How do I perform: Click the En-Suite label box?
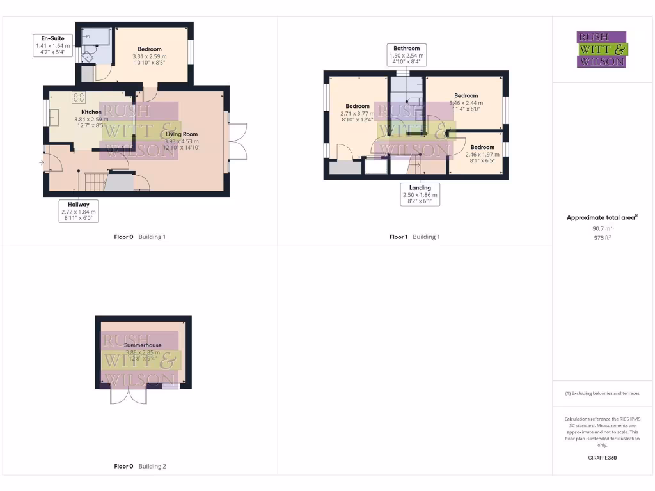(52, 46)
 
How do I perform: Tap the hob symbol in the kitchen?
(79, 98)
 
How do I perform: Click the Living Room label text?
(182, 134)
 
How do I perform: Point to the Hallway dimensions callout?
(78, 211)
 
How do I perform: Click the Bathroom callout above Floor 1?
(406, 56)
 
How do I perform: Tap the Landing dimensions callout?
(420, 194)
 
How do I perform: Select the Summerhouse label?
(143, 345)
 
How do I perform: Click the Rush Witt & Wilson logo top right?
(602, 49)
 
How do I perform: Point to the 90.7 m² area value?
(602, 228)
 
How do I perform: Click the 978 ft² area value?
(602, 237)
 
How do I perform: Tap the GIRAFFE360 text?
(602, 458)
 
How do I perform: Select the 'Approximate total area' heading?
(602, 218)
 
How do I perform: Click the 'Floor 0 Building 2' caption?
(140, 467)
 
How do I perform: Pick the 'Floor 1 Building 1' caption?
(414, 237)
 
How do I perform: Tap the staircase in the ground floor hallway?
(95, 182)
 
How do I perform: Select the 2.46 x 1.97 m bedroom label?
(479, 151)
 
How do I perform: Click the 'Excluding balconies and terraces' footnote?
(602, 393)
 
